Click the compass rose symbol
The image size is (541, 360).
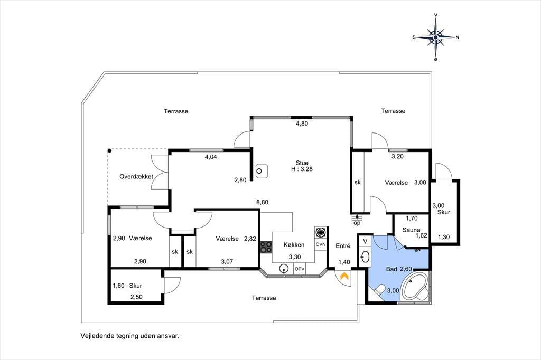[x=436, y=37]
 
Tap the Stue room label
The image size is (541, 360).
[x=302, y=163]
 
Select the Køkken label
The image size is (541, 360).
[x=294, y=245]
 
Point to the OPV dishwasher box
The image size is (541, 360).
[x=300, y=269]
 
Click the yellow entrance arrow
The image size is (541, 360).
[x=344, y=276]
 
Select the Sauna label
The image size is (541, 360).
[x=411, y=230]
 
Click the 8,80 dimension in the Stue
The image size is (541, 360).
[x=262, y=202]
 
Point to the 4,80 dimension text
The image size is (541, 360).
[x=302, y=124]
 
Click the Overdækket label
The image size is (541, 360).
[x=136, y=176]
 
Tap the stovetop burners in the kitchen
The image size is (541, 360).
[x=266, y=247]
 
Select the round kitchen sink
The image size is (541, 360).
[x=284, y=268]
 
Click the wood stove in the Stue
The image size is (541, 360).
[x=262, y=170]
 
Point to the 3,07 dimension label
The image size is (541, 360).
[x=227, y=262]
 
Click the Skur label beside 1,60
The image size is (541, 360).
[x=136, y=286]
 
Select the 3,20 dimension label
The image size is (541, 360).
[x=397, y=157]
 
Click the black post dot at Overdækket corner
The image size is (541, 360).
[x=109, y=150]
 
